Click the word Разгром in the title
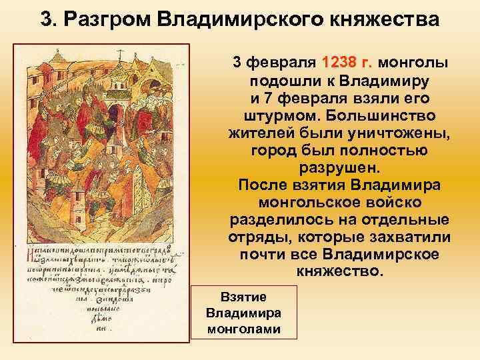107,19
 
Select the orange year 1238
341,63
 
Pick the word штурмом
269,117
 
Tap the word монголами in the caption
243,329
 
